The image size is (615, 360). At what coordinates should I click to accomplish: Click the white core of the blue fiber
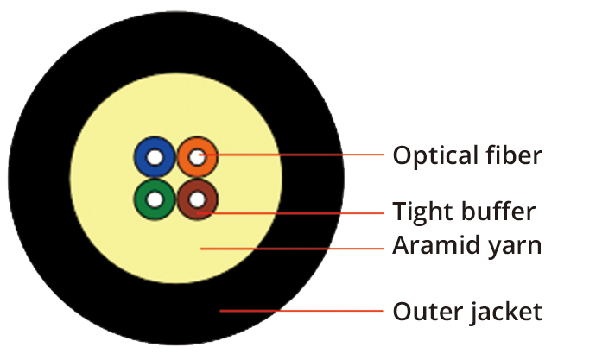[x=155, y=159]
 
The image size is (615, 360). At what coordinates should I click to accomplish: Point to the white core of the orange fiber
[x=198, y=158]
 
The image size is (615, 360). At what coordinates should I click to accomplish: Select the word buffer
[x=496, y=211]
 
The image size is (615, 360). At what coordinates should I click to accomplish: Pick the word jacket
[x=504, y=312]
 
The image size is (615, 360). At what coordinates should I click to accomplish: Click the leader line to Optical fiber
[x=294, y=156]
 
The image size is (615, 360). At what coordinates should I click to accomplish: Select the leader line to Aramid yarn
[x=294, y=247]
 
